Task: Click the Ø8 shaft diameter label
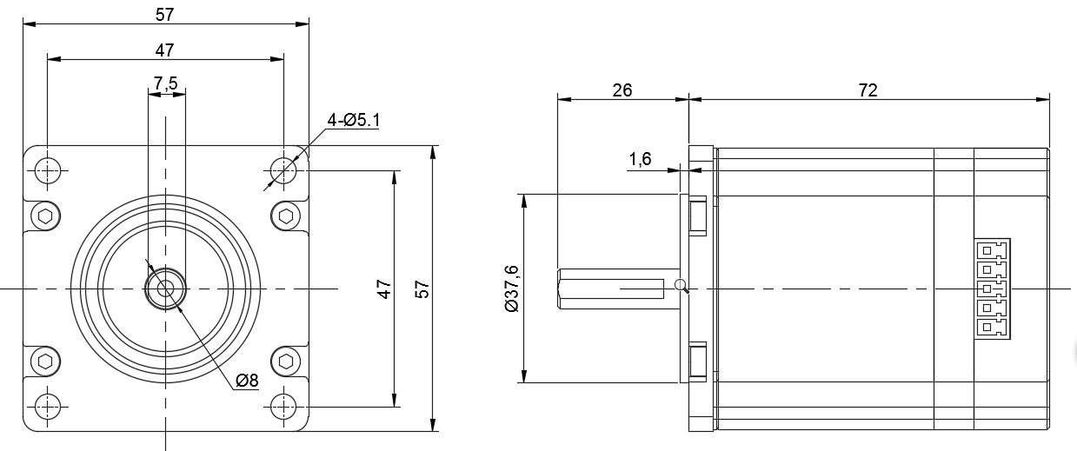point(247,381)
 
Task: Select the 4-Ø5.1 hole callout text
point(354,120)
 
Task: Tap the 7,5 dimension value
point(165,83)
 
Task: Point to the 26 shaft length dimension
point(622,90)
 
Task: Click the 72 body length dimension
point(868,90)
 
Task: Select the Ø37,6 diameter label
point(512,289)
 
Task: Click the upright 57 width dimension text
point(165,14)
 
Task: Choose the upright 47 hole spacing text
point(165,50)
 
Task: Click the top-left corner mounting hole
point(48,169)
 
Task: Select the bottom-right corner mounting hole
point(283,406)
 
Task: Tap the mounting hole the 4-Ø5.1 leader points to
point(283,169)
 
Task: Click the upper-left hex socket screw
point(45,216)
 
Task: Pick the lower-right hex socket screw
point(284,360)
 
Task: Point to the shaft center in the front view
point(165,288)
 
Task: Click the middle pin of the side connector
point(988,289)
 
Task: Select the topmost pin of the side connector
point(988,249)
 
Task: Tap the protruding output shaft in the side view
point(608,288)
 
